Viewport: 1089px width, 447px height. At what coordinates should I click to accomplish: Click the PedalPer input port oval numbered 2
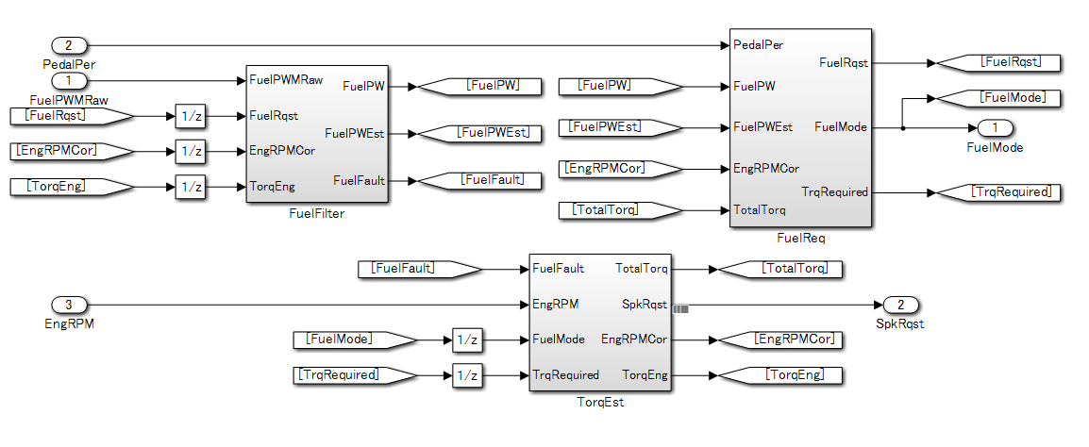coord(69,45)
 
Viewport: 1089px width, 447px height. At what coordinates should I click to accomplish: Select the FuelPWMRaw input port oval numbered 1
coord(69,81)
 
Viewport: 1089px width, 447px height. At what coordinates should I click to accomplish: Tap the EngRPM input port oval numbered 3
coord(69,305)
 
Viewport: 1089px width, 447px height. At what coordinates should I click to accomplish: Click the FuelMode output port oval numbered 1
coord(995,128)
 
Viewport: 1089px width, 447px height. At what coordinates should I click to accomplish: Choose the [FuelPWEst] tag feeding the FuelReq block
coord(620,127)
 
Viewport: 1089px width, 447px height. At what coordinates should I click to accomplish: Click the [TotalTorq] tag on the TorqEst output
coord(780,269)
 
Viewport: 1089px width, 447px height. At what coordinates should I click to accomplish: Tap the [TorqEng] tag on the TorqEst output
coord(780,375)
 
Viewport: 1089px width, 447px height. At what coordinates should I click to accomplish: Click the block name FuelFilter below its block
coord(316,214)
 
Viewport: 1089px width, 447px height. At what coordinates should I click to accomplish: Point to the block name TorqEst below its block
coord(600,403)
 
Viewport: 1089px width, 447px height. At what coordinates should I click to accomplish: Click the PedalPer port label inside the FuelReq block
coord(758,44)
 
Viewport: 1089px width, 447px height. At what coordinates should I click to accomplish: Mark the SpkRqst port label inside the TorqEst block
coord(645,305)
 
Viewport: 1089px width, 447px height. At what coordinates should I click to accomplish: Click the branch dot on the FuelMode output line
coord(903,127)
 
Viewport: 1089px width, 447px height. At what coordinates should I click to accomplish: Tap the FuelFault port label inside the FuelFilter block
coord(359,180)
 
